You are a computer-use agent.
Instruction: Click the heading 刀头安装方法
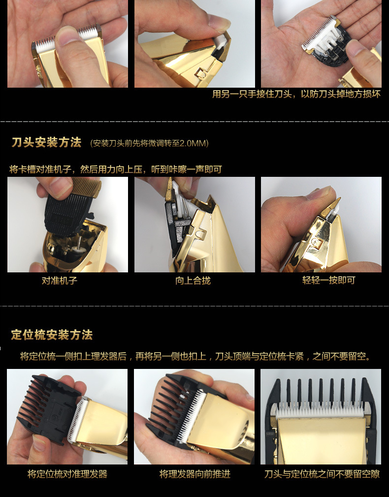click(x=46, y=143)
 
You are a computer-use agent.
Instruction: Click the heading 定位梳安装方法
click(x=52, y=335)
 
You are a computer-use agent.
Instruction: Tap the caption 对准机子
click(x=59, y=281)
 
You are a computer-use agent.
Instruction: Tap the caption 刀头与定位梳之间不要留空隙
click(x=322, y=474)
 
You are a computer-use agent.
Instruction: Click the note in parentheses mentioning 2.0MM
click(x=150, y=143)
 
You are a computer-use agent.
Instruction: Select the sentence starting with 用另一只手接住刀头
click(x=296, y=94)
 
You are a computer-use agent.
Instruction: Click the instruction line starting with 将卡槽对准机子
click(x=116, y=169)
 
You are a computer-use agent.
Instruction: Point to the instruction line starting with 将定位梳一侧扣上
click(x=195, y=356)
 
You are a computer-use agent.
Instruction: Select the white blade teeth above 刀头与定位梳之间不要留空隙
click(x=320, y=412)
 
